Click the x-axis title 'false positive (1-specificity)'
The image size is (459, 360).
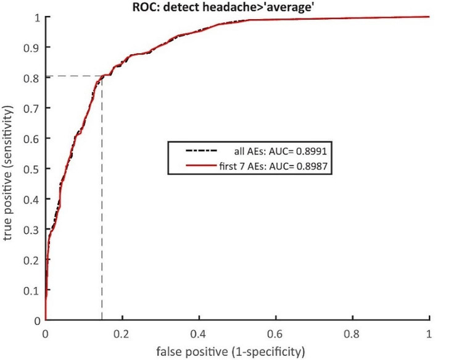(237, 352)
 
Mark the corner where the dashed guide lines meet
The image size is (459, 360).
(102, 77)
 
